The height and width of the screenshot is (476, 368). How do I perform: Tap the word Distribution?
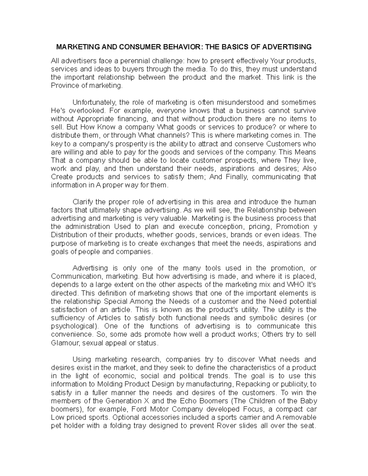coord(69,235)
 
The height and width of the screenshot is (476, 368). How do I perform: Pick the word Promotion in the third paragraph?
coord(293,227)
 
